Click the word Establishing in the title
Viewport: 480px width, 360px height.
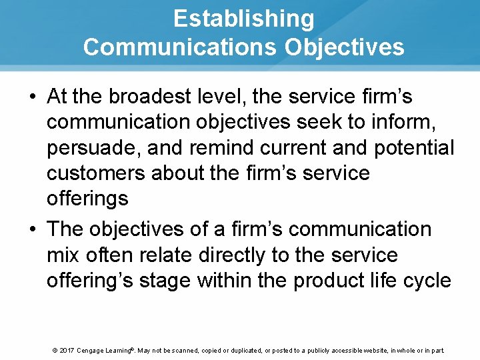click(243, 19)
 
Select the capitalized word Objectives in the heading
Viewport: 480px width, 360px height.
click(345, 47)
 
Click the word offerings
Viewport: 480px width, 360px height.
click(87, 199)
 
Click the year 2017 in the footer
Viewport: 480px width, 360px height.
click(66, 350)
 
